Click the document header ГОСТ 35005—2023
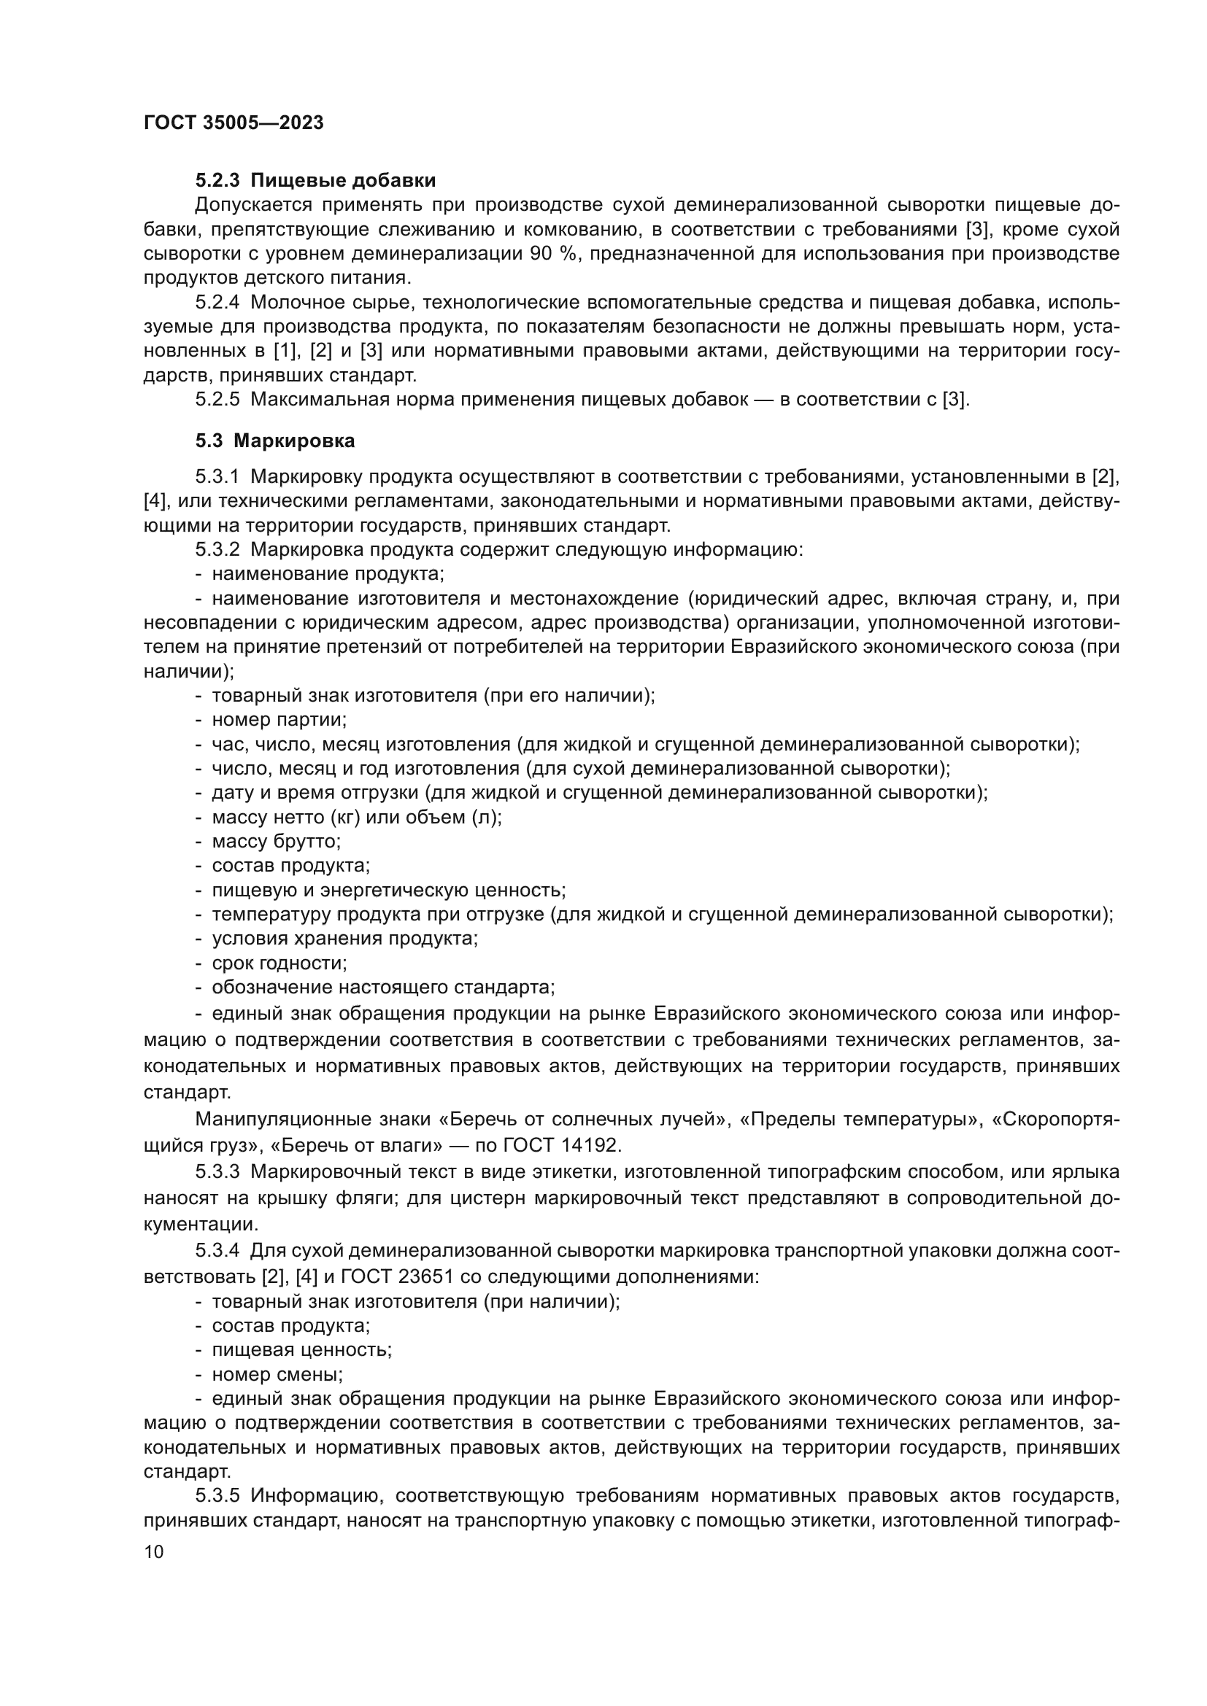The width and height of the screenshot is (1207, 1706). [x=234, y=123]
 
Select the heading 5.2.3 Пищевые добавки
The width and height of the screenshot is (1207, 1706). [x=315, y=181]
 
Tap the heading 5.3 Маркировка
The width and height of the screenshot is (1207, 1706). [x=275, y=441]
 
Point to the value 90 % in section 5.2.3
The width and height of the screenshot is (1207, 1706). [x=554, y=254]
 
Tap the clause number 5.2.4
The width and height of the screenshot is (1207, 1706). [x=217, y=303]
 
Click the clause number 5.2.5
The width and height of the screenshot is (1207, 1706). [x=217, y=400]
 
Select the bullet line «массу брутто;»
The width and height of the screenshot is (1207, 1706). [x=276, y=842]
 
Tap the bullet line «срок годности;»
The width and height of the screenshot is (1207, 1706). [x=279, y=963]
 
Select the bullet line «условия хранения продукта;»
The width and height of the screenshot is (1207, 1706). [x=344, y=939]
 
